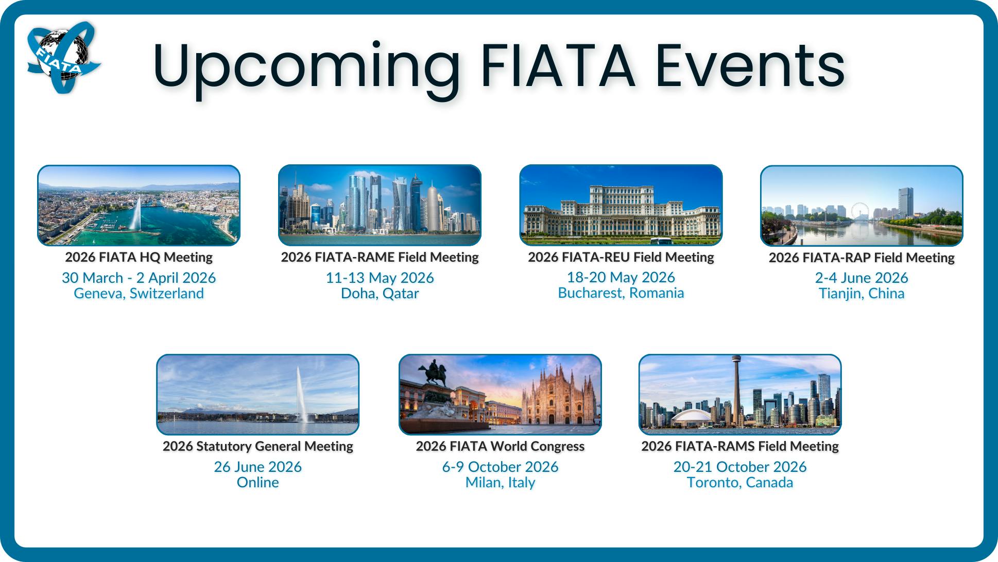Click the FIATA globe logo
(x=64, y=57)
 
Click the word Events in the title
(x=750, y=65)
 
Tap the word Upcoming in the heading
(x=306, y=70)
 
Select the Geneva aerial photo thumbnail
(x=139, y=206)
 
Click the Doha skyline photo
(x=380, y=205)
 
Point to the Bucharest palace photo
(x=621, y=205)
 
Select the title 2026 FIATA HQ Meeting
(x=139, y=257)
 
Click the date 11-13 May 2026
(x=380, y=278)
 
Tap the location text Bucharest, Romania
(x=621, y=293)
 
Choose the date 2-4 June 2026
(x=862, y=278)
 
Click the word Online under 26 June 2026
(x=257, y=482)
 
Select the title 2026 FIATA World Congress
(x=500, y=446)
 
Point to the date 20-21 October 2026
(x=740, y=467)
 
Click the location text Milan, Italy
(x=500, y=483)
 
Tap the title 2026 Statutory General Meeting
(x=257, y=446)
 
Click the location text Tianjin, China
(x=862, y=294)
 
